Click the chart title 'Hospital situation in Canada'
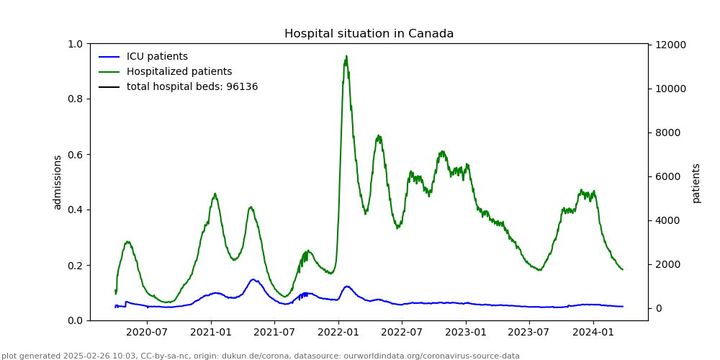(x=369, y=34)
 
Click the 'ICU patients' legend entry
(x=157, y=57)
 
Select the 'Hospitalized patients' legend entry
(x=179, y=72)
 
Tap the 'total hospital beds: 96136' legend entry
(x=192, y=87)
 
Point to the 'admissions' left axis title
(x=58, y=182)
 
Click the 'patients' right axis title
(x=696, y=183)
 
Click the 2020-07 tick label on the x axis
(x=147, y=333)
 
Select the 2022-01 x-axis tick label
(x=338, y=333)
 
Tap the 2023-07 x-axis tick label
(x=529, y=333)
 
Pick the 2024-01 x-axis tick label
(x=593, y=333)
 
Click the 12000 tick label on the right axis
(x=670, y=45)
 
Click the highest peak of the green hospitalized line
(x=346, y=56)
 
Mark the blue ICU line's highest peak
(x=253, y=279)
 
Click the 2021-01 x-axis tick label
(x=211, y=333)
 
